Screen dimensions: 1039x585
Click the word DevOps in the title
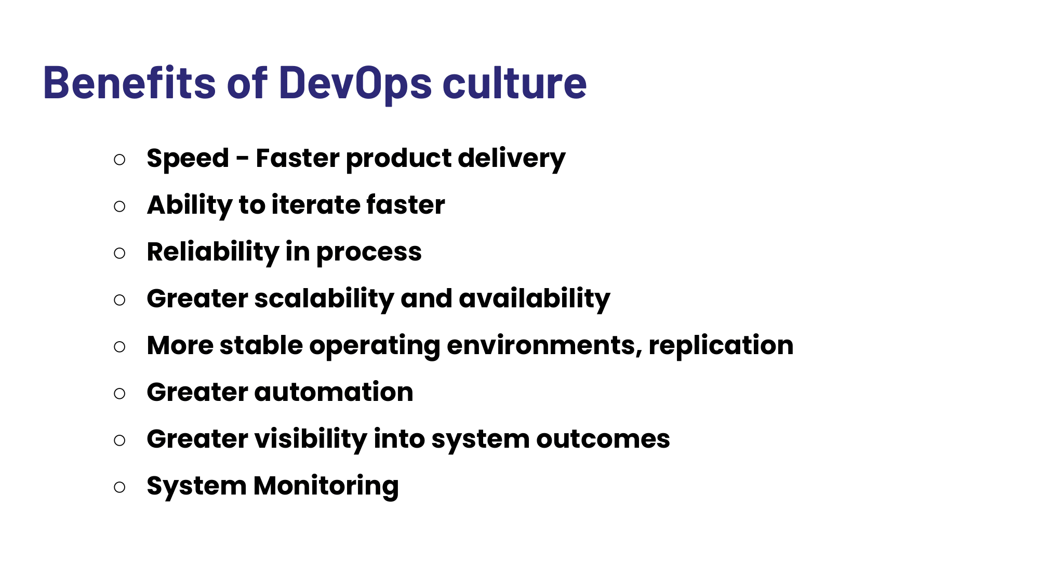pyautogui.click(x=355, y=83)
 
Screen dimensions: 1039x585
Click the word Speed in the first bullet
pyautogui.click(x=188, y=159)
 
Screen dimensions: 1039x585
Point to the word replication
pyautogui.click(x=721, y=346)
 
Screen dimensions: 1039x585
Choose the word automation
pyautogui.click(x=334, y=393)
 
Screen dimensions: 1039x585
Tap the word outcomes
pyautogui.click(x=603, y=439)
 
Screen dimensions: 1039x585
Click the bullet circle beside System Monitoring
pyautogui.click(x=119, y=487)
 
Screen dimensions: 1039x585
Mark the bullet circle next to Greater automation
pyautogui.click(x=119, y=394)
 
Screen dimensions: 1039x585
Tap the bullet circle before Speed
pyautogui.click(x=119, y=160)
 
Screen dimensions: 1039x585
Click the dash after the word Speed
pyautogui.click(x=242, y=159)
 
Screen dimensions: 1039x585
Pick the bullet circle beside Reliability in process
pyautogui.click(x=119, y=253)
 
